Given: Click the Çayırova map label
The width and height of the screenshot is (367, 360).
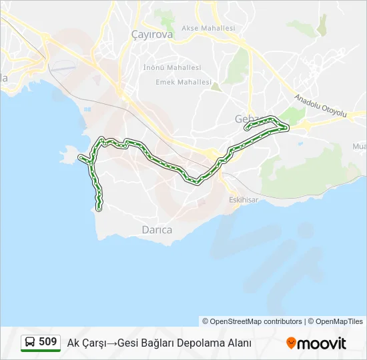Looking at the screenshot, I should [x=152, y=34].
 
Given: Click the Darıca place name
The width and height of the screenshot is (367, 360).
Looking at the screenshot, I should [x=157, y=230].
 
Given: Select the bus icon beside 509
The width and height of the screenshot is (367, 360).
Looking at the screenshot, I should [x=30, y=343].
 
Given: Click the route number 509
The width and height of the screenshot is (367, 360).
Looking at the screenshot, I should [x=47, y=342].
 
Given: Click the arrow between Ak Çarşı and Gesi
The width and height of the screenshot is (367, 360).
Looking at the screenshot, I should [x=111, y=343].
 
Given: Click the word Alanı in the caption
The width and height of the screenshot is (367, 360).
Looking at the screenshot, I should [x=238, y=343].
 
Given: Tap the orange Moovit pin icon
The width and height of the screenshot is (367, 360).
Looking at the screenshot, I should [x=291, y=343].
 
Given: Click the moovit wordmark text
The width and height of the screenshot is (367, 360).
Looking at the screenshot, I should [x=322, y=343].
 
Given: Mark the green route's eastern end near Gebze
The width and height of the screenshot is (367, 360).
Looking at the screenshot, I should [x=286, y=126].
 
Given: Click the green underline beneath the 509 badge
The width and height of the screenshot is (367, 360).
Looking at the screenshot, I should [x=41, y=351].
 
